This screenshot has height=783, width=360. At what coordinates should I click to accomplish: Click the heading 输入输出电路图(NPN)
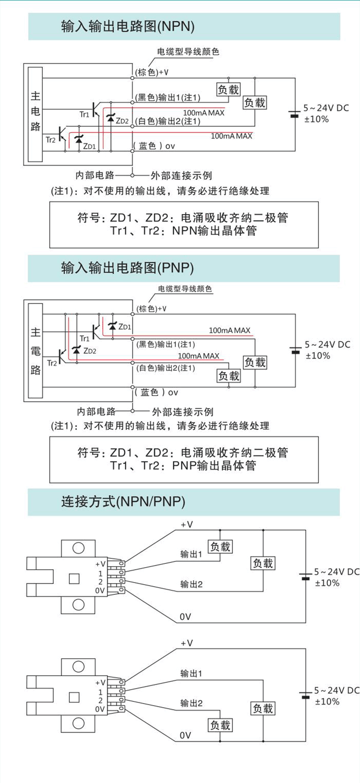click(128, 26)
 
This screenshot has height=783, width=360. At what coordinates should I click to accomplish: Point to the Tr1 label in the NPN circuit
click(85, 115)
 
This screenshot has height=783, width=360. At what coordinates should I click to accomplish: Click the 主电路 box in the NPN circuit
click(35, 114)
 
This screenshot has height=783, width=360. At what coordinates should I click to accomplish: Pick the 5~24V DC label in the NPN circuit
click(326, 108)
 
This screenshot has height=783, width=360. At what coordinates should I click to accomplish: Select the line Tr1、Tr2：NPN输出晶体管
click(183, 230)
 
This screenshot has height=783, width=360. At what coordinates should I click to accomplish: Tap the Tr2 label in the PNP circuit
click(52, 363)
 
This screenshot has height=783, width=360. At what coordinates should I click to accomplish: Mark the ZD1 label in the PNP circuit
click(125, 327)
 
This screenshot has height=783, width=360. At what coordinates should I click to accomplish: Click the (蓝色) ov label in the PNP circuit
click(156, 392)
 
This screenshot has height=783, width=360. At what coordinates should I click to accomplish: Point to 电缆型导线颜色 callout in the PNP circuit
click(185, 289)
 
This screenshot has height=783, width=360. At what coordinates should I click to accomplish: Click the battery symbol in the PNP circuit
click(295, 350)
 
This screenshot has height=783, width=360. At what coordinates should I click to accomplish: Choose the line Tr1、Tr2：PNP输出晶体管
click(183, 465)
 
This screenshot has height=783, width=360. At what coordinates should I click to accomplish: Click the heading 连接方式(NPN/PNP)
click(123, 502)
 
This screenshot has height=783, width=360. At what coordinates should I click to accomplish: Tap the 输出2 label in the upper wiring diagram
click(191, 585)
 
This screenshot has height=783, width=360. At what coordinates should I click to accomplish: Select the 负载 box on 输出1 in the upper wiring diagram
click(220, 546)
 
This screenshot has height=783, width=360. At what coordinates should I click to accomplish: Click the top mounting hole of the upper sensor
click(78, 548)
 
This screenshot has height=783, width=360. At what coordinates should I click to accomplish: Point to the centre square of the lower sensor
click(74, 697)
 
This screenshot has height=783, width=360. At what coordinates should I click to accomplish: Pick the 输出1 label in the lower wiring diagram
click(191, 673)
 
